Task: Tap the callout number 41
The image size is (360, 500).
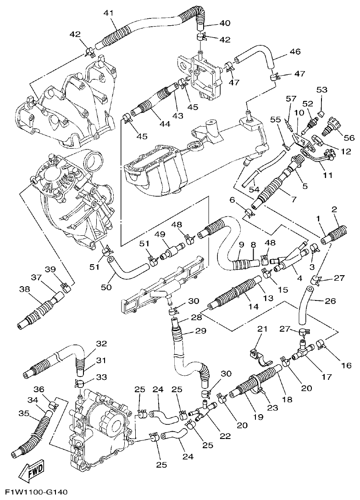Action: tap(108, 13)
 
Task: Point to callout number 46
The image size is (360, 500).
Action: tap(295, 52)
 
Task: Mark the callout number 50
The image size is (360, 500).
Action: tap(106, 287)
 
